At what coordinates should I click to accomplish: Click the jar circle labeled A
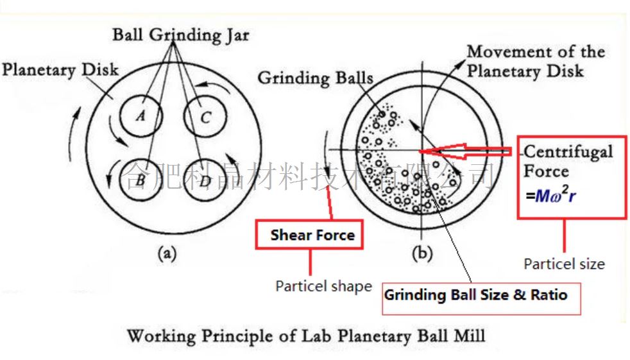click(140, 116)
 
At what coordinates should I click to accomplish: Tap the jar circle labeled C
click(205, 116)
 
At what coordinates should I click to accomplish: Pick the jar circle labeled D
click(205, 180)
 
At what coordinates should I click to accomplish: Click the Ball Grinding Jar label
click(182, 35)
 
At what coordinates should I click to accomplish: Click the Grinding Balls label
click(315, 78)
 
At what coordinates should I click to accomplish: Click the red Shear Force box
click(312, 235)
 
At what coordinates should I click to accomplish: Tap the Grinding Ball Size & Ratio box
click(475, 295)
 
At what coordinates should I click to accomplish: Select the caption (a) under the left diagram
click(167, 253)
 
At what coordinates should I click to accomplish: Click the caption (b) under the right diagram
click(421, 253)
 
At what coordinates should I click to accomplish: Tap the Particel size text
click(564, 264)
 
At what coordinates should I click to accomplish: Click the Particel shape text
click(323, 286)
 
